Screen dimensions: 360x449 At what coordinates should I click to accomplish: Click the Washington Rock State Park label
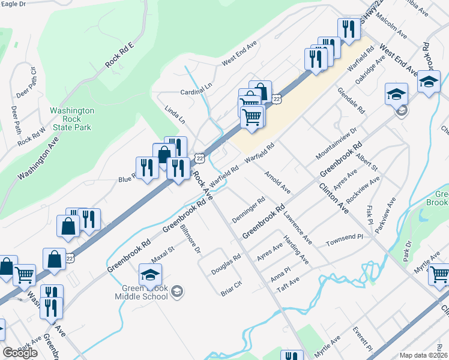click(x=71, y=119)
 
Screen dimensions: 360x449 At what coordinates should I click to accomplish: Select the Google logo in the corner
click(x=20, y=353)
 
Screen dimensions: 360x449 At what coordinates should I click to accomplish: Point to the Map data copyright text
click(x=423, y=355)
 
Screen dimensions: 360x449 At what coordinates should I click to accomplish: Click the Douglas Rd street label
click(x=226, y=264)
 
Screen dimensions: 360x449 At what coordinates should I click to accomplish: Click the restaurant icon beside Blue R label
click(x=147, y=169)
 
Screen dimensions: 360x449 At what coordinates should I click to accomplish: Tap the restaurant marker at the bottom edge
click(x=292, y=355)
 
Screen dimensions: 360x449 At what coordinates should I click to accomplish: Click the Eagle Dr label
click(x=14, y=4)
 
